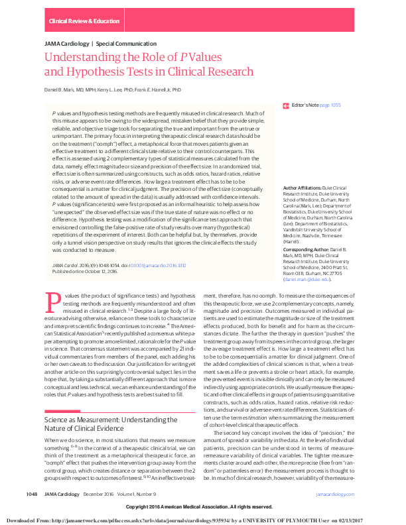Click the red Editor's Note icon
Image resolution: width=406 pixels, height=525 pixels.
pyautogui.click(x=286, y=105)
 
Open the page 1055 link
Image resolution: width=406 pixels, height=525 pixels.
pyautogui.click(x=330, y=105)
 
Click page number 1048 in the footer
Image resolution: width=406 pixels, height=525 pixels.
pyautogui.click(x=32, y=495)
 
